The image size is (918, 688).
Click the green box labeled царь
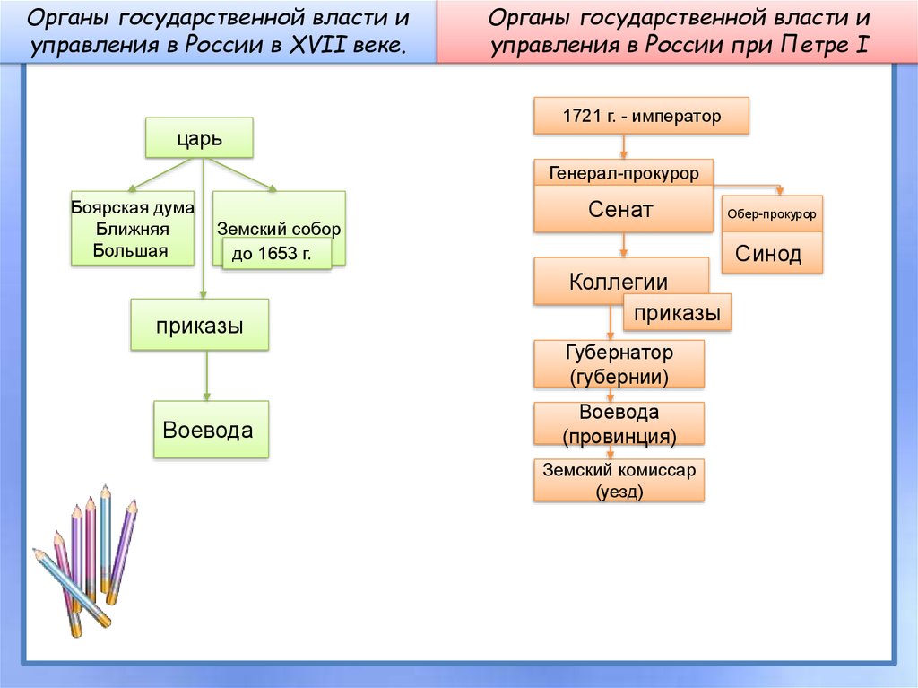(198, 138)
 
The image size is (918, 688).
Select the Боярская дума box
(132, 229)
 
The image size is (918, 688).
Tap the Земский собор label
(279, 229)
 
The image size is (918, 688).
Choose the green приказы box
(199, 325)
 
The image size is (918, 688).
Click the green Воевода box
(210, 430)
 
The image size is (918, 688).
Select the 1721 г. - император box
(641, 116)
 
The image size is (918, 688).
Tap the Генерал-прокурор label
(623, 172)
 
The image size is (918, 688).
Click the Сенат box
(621, 210)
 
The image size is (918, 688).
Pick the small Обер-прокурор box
(772, 215)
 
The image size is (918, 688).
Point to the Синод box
(768, 254)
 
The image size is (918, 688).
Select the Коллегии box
(619, 282)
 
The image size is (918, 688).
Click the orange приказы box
(677, 313)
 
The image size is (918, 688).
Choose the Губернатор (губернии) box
(619, 364)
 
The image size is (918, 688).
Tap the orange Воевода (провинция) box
(619, 424)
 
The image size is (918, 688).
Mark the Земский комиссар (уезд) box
(619, 480)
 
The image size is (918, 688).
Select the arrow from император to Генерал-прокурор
(623, 146)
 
